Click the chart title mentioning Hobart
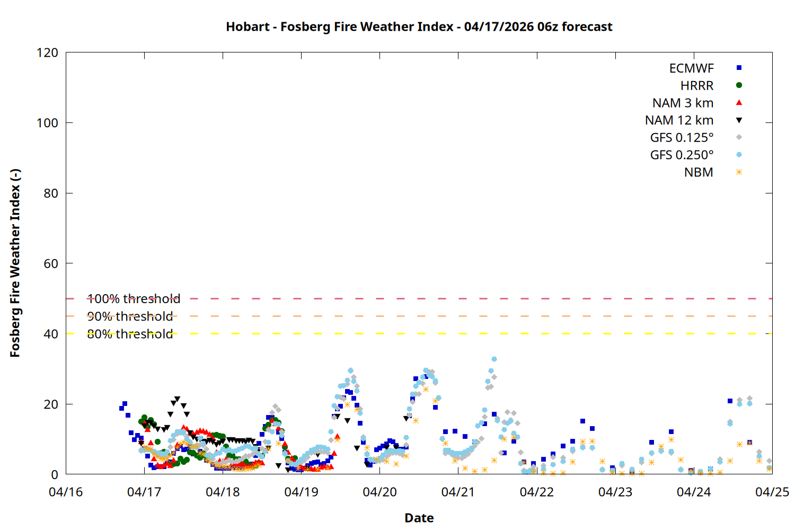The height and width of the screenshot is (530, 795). pyautogui.click(x=419, y=26)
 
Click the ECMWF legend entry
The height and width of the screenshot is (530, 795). pyautogui.click(x=691, y=68)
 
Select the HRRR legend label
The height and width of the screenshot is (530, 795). pyautogui.click(x=697, y=86)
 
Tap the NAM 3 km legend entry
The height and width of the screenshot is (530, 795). pyautogui.click(x=683, y=103)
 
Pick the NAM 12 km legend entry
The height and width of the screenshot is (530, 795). pyautogui.click(x=679, y=120)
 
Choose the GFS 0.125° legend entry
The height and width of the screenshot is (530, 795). pyautogui.click(x=682, y=138)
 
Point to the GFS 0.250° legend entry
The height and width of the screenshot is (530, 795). pyautogui.click(x=682, y=155)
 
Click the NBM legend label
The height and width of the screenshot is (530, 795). pyautogui.click(x=699, y=173)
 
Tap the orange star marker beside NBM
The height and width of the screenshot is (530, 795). pyautogui.click(x=739, y=172)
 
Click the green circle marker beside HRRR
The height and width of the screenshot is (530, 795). pyautogui.click(x=739, y=85)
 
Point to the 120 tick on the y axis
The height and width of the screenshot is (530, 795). pyautogui.click(x=48, y=52)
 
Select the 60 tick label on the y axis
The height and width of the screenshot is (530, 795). pyautogui.click(x=51, y=263)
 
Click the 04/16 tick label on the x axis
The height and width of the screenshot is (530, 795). pyautogui.click(x=66, y=492)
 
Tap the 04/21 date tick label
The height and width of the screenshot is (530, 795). pyautogui.click(x=458, y=492)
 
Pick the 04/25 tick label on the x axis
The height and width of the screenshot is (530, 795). pyautogui.click(x=772, y=492)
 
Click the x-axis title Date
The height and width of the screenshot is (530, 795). pyautogui.click(x=419, y=518)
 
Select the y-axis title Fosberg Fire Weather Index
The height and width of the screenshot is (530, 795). pyautogui.click(x=15, y=263)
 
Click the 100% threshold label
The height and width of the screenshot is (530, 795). pyautogui.click(x=134, y=299)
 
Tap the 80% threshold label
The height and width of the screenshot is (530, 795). pyautogui.click(x=130, y=334)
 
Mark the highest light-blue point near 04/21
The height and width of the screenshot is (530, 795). pyautogui.click(x=494, y=359)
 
